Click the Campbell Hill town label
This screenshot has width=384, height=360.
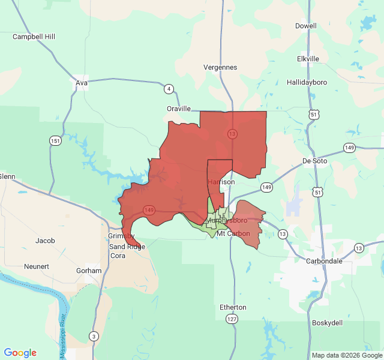tap(34, 37)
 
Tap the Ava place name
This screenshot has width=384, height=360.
tap(82, 83)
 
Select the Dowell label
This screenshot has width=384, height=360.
tap(305, 26)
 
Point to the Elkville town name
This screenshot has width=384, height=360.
tap(308, 59)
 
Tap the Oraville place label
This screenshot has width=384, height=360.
tap(179, 109)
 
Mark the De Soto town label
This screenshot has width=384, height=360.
tap(314, 161)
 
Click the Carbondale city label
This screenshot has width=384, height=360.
tap(324, 261)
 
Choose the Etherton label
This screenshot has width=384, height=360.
tap(233, 307)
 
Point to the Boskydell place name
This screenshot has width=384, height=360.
tap(327, 323)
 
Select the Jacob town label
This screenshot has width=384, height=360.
tap(45, 241)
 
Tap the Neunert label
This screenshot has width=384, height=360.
tap(36, 266)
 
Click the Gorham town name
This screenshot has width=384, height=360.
tap(89, 271)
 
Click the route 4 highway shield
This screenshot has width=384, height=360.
tap(169, 89)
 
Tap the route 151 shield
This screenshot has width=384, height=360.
tap(55, 140)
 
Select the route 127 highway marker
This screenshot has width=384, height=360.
tap(232, 319)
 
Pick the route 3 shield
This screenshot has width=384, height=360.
tap(93, 336)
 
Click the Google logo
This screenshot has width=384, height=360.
tap(20, 353)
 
